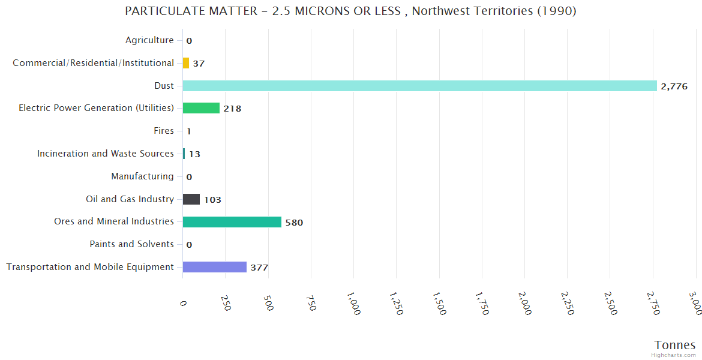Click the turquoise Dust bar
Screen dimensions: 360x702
pos(419,86)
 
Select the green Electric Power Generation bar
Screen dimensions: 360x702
pos(201,108)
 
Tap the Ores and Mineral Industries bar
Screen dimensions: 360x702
pos(232,222)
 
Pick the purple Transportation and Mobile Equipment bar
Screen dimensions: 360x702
pos(214,267)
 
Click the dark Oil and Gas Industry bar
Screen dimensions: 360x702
pos(191,199)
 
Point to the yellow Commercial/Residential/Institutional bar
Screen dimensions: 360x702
pos(186,63)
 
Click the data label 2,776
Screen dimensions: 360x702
pos(674,86)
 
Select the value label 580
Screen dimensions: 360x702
pos(294,223)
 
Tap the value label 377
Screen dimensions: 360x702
pos(259,268)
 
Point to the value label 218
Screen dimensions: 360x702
pos(232,109)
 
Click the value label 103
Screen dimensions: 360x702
pos(212,200)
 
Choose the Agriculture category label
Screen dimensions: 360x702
pos(149,40)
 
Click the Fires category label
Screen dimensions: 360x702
pos(164,131)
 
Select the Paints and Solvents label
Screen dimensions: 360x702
pos(131,244)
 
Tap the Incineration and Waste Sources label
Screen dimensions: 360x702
pos(105,154)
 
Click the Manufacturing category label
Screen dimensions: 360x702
pos(142,176)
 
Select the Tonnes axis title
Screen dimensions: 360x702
pos(674,345)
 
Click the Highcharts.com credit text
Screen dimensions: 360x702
pos(674,355)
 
